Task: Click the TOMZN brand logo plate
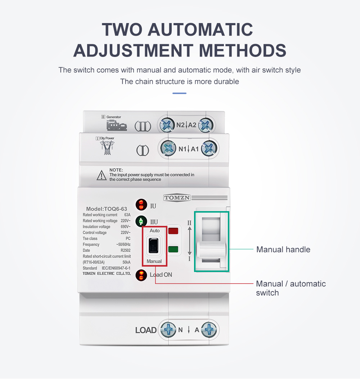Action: point(177,197)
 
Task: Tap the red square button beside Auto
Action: point(173,231)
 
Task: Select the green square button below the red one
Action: point(173,249)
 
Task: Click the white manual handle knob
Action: point(211,250)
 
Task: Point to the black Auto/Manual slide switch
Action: point(154,246)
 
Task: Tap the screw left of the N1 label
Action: point(168,148)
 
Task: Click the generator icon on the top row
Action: point(116,126)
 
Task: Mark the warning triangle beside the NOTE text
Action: point(101,175)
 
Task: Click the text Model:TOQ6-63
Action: point(107,209)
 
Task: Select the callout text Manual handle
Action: point(283,249)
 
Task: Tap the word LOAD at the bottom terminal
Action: point(146,330)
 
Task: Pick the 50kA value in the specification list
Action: point(126,262)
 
